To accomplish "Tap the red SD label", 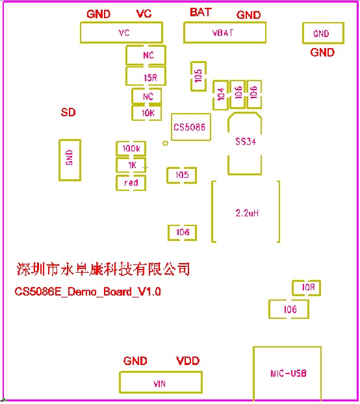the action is (x=68, y=112).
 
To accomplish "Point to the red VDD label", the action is (x=188, y=360).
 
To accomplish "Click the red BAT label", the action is (x=201, y=12).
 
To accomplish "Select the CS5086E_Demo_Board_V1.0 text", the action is (x=88, y=292).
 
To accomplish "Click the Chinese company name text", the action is (x=103, y=270).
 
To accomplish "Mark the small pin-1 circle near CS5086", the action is (x=166, y=143).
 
